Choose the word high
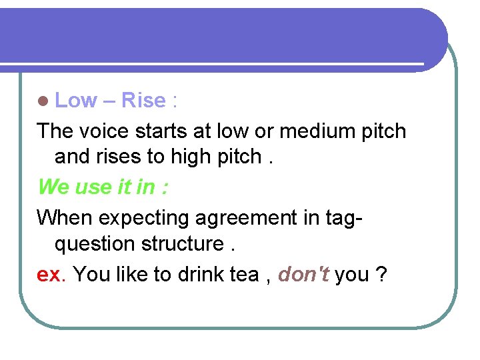[192, 157]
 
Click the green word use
[93, 187]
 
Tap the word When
[65, 217]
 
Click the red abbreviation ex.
[51, 274]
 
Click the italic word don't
[304, 274]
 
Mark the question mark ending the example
[381, 274]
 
